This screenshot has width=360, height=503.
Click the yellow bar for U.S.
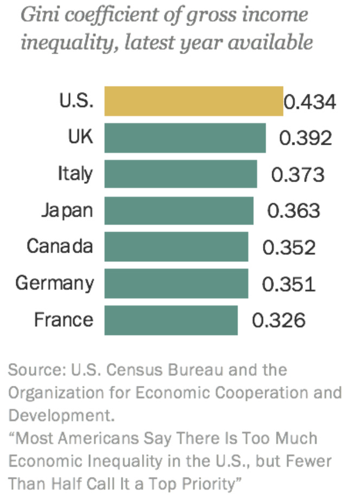coord(194,101)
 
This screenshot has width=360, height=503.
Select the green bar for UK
coord(185,138)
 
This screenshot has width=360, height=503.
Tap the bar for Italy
coord(181,174)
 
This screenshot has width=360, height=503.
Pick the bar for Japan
coord(179,210)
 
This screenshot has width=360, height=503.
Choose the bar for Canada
coord(176,247)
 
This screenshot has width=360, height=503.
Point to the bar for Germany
coord(176,283)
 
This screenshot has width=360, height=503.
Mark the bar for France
coord(171,320)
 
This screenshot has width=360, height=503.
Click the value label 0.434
coord(310,102)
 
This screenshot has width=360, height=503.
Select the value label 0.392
coord(305,138)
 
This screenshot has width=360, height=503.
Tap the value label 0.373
coord(298,175)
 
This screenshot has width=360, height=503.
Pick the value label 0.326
coord(279,320)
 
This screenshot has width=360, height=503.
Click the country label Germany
coord(55,283)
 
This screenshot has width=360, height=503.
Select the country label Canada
coord(60,247)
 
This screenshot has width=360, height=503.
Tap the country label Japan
coord(67,210)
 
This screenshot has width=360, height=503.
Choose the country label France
coord(63,319)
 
